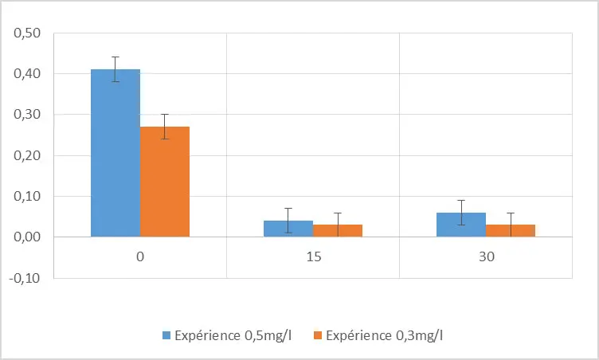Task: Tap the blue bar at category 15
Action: [288, 229]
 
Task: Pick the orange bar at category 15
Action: [338, 231]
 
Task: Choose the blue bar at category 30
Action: [461, 225]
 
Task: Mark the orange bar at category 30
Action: [511, 231]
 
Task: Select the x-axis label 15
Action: [313, 259]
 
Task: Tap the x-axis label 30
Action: [486, 259]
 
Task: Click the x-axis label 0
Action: [140, 259]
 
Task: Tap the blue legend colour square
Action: [166, 335]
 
